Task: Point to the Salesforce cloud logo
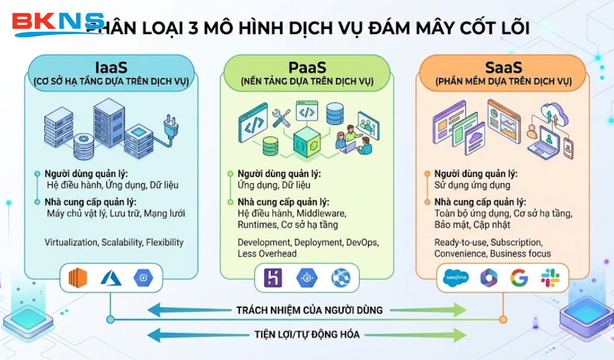(456, 278)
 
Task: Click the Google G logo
(519, 278)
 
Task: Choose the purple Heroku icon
(273, 277)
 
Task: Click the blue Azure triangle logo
(111, 277)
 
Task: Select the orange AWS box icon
(77, 277)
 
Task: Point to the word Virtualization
(71, 242)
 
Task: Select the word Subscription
(516, 242)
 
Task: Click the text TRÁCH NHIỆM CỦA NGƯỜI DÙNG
(309, 310)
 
